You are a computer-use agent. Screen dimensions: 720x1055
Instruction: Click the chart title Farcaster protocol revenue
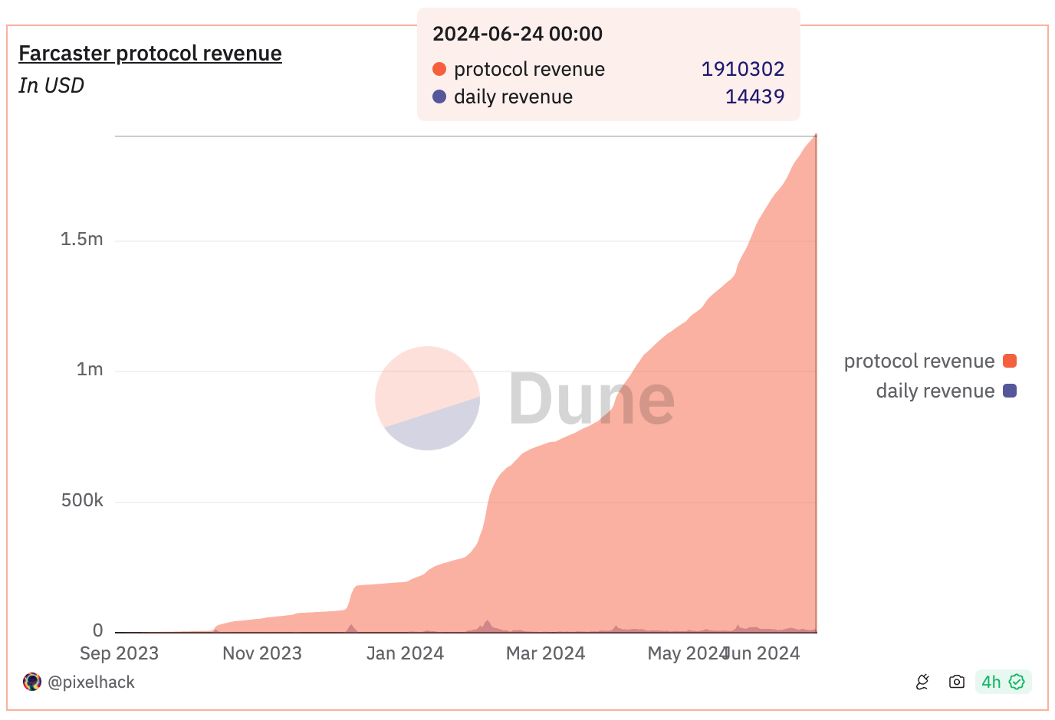tap(150, 54)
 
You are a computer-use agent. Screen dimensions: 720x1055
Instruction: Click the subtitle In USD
tap(51, 86)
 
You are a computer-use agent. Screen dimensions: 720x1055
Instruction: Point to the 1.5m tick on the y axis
tap(82, 240)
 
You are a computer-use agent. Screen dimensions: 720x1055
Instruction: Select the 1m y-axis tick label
tap(90, 370)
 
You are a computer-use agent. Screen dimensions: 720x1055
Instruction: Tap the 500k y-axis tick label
tap(82, 501)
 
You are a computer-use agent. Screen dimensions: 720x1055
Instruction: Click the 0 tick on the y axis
tap(98, 631)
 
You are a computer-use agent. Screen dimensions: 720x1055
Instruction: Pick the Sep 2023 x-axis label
tap(119, 653)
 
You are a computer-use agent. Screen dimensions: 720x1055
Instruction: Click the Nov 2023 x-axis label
tap(262, 653)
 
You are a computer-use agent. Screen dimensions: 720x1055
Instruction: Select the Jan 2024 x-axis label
tap(405, 653)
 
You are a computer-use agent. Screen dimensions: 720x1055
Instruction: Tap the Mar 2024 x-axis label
tap(545, 653)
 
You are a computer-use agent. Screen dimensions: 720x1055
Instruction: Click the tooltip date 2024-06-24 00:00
tap(518, 34)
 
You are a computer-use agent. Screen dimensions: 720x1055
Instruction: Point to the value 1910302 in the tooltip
tap(743, 69)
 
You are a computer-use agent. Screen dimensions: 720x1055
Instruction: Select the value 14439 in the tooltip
tap(754, 97)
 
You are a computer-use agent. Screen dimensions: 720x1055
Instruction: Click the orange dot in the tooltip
tap(439, 69)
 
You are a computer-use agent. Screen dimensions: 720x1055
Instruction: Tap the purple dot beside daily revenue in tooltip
tap(439, 97)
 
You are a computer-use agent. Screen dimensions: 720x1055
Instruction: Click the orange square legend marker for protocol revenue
tap(1010, 361)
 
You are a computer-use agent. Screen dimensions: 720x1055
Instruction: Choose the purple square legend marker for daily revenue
tap(1010, 391)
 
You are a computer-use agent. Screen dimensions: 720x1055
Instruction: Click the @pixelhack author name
tap(91, 682)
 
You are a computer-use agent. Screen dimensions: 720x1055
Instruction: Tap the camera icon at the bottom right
tap(956, 682)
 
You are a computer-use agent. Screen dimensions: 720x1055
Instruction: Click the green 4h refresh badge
tap(1003, 682)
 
